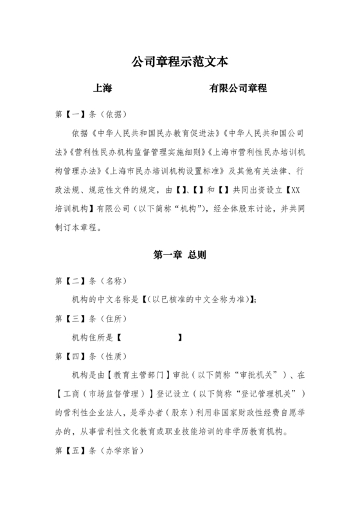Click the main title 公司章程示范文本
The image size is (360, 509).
point(179,62)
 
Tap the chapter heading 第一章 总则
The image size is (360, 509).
point(179,254)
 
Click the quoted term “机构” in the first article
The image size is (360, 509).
point(191,210)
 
